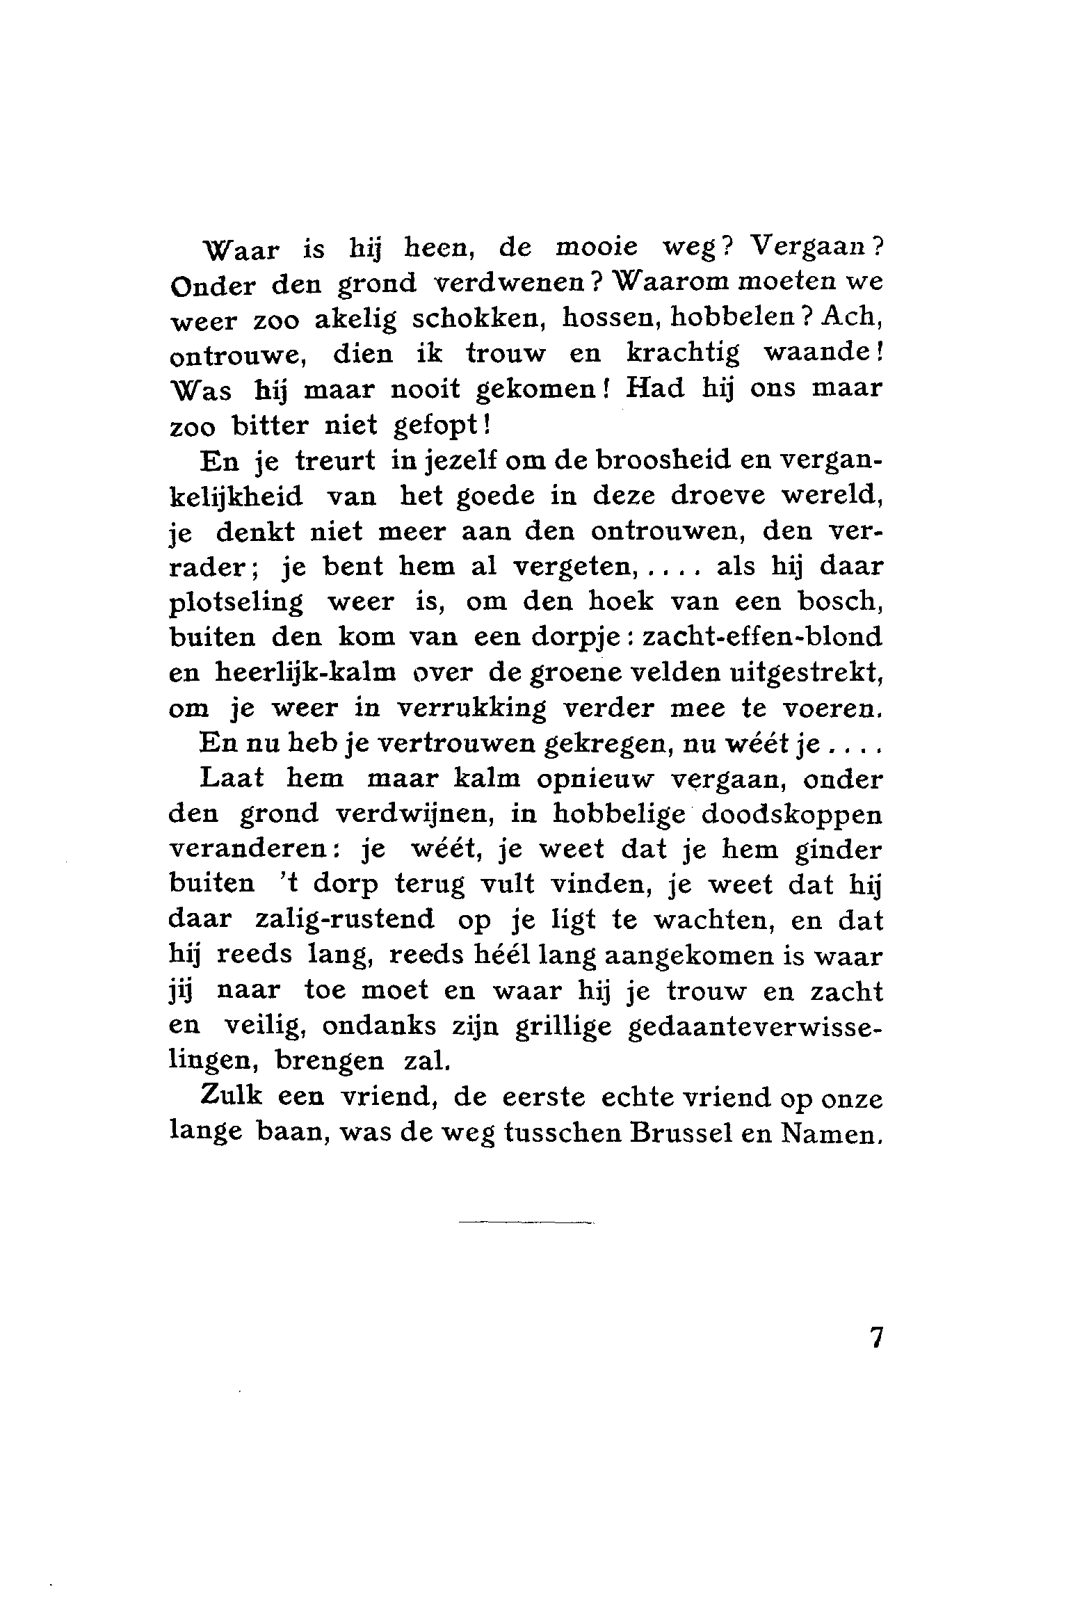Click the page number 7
point(875,1339)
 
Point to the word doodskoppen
point(792,815)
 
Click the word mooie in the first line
point(597,248)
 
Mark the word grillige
point(563,1028)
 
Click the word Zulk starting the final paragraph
point(231,1097)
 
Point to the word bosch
point(839,601)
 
